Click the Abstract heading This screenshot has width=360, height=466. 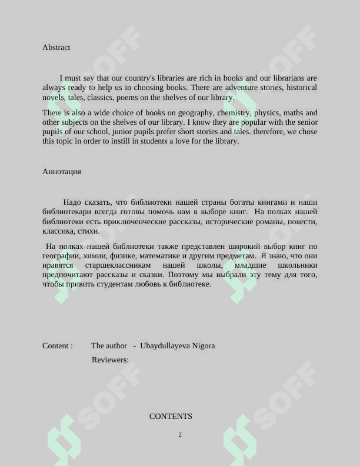56,48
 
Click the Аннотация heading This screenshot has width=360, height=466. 62,172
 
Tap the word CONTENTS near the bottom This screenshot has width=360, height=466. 171,417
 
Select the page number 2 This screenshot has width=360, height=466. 180,435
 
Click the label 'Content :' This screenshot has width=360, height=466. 58,346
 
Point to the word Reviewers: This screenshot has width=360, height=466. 110,360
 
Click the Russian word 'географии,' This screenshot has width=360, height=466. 61,256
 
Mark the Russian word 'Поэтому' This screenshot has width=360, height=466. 182,275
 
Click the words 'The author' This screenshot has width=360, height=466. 109,346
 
